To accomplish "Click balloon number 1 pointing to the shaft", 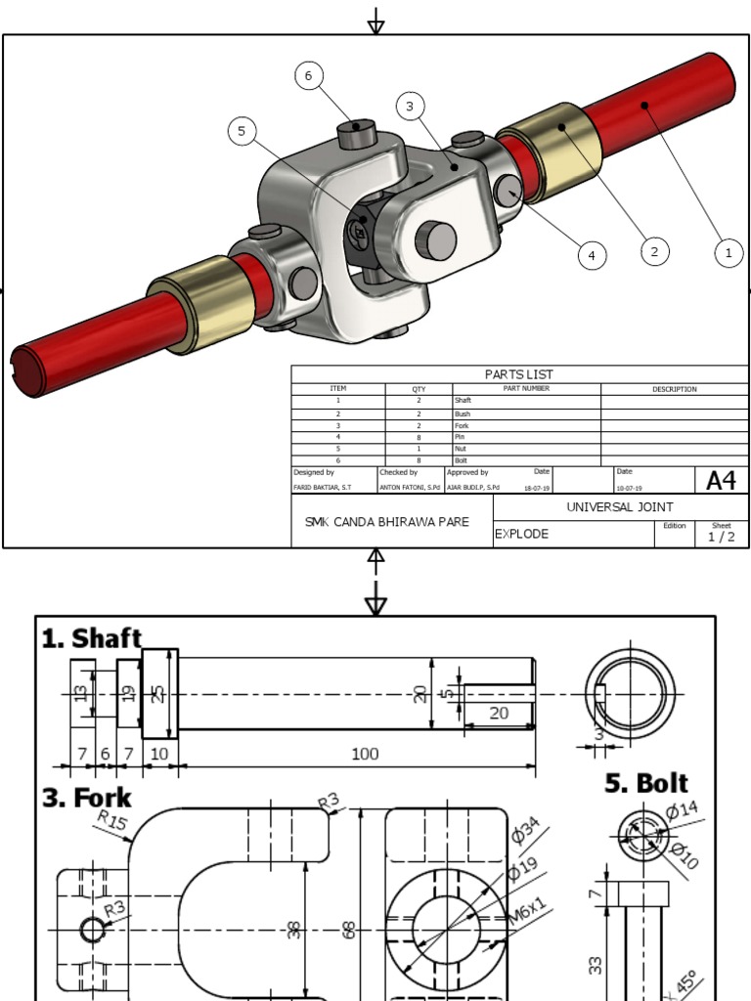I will pyautogui.click(x=728, y=252).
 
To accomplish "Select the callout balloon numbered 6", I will pyautogui.click(x=308, y=76).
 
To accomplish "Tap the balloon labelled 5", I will pyautogui.click(x=242, y=131).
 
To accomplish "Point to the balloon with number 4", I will pyautogui.click(x=591, y=256).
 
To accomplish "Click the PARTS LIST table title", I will pyautogui.click(x=518, y=374).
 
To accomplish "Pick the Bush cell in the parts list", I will pyautogui.click(x=463, y=414).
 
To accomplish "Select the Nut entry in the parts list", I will pyautogui.click(x=462, y=449).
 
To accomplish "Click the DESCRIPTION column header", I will pyautogui.click(x=675, y=389).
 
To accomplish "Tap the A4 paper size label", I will pyautogui.click(x=721, y=480).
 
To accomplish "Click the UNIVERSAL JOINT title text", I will pyautogui.click(x=620, y=507).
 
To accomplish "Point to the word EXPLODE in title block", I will pyautogui.click(x=522, y=535).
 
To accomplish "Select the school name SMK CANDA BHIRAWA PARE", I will pyautogui.click(x=386, y=522).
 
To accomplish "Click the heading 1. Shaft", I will pyautogui.click(x=91, y=639).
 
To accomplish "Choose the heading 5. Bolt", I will pyautogui.click(x=645, y=784).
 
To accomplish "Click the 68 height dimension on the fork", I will pyautogui.click(x=348, y=929).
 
